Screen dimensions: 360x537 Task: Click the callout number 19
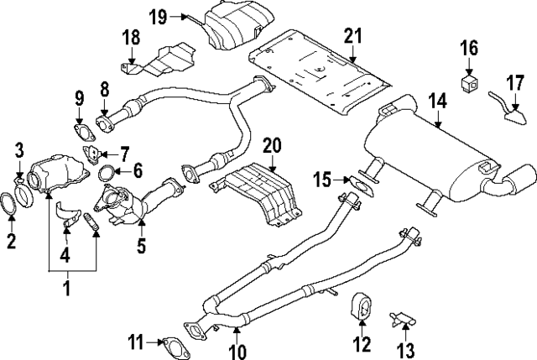pos(158,15)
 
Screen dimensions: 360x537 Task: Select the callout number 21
pos(353,35)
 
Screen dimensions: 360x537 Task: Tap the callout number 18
pos(130,38)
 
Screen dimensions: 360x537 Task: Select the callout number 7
pos(124,154)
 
